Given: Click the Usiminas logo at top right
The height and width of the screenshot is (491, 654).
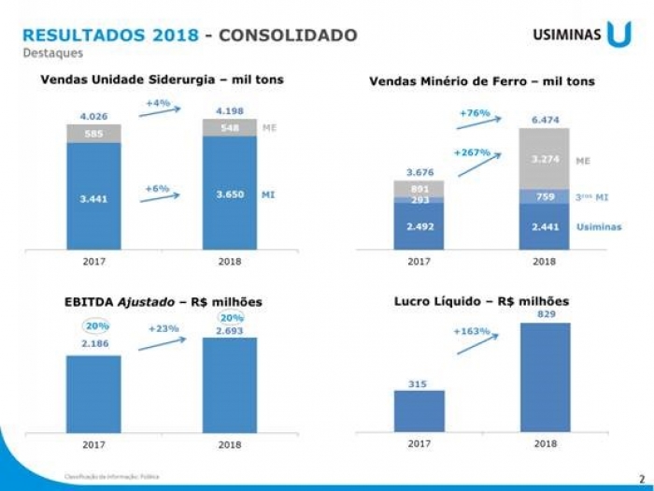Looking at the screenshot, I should pos(581,35).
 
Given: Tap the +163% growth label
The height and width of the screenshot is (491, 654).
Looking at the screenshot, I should pos(472,331).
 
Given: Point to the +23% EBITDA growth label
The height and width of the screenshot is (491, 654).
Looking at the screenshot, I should pos(163,328).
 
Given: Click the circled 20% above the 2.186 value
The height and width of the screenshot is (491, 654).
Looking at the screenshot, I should pos(95,325).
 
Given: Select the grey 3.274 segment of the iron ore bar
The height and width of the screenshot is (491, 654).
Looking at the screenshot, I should pos(545,159).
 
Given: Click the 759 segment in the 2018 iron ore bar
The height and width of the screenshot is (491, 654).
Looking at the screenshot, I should pos(545,197).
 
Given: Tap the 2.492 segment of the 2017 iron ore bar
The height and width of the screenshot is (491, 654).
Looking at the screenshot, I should pos(419,226).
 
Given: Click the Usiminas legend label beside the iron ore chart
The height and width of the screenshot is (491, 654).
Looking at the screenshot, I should pos(598,226).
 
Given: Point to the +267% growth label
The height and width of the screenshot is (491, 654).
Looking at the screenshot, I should pos(472,152).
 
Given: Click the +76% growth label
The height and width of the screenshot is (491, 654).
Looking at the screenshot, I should pos(475,112).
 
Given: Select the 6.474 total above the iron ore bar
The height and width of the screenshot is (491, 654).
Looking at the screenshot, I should pos(545,120).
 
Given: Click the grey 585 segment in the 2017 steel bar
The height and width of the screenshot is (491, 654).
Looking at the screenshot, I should pos(94,133).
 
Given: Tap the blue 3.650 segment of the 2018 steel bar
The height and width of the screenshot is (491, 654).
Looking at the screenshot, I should pos(230,194).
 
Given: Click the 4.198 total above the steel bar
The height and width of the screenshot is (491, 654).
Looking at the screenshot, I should pos(230,110).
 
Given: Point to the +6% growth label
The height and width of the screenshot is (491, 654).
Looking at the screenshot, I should pos(157,188).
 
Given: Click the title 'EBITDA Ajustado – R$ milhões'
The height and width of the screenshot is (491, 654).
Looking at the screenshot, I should pos(163,301).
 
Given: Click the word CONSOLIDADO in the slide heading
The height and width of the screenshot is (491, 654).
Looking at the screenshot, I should pos(289,36).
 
